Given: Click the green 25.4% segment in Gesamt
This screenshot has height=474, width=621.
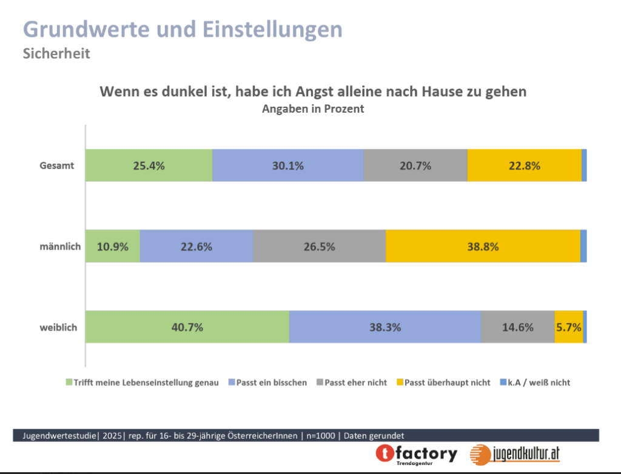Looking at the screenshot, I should click(x=149, y=165).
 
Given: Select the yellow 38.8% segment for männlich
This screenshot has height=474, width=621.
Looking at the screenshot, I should click(x=483, y=246).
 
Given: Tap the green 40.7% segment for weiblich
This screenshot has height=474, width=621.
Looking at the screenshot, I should click(x=187, y=327).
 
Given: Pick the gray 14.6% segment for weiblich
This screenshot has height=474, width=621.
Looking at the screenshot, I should click(x=517, y=327).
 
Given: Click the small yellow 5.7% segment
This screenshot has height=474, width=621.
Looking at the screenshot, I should click(x=568, y=327).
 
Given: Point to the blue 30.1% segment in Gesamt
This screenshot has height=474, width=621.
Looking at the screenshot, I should click(x=287, y=165).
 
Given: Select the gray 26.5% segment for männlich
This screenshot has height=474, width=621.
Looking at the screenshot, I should click(x=319, y=246).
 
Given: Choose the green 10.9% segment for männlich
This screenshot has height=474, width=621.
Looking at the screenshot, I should click(x=112, y=246).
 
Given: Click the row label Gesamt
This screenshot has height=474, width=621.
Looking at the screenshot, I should click(x=57, y=165).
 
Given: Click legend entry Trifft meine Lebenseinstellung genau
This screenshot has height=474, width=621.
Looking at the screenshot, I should click(x=146, y=382).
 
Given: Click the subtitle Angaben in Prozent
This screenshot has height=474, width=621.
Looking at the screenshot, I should click(x=313, y=109).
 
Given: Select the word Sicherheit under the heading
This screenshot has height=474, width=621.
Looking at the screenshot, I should click(x=56, y=53).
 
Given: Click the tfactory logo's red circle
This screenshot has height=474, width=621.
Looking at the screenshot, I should click(x=386, y=454).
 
